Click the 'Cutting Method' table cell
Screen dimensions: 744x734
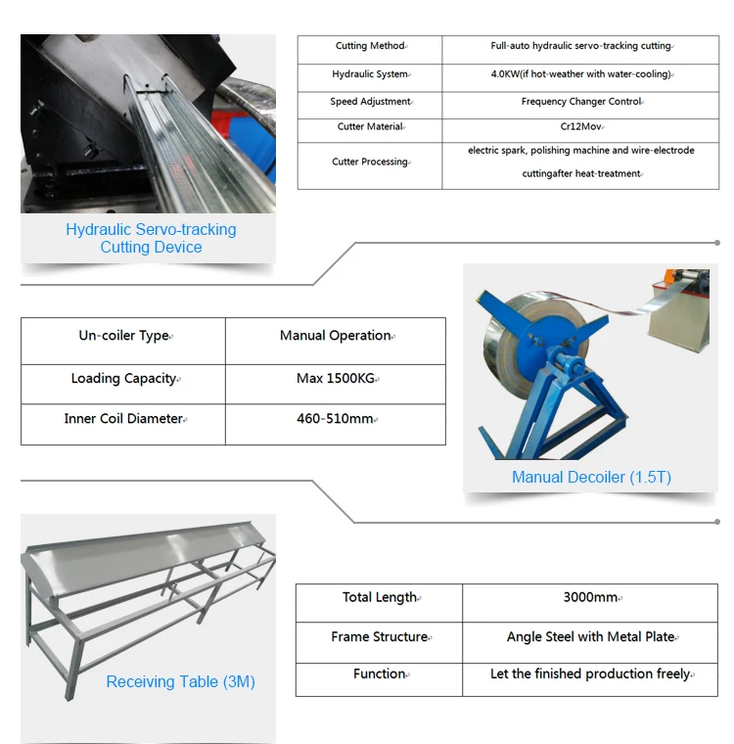370,46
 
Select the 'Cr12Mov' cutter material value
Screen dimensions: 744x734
580,127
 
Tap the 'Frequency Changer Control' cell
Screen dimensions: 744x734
580,102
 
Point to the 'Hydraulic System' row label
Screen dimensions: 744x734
370,74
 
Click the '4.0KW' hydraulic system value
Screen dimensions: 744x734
580,74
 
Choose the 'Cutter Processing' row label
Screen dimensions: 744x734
370,163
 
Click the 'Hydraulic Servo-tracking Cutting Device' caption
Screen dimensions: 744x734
151,238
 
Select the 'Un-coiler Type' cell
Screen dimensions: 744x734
123,336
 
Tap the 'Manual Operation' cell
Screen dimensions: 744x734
336,336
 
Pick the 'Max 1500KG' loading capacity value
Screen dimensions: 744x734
336,379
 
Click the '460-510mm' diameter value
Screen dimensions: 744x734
336,419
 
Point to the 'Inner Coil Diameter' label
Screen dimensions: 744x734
123,419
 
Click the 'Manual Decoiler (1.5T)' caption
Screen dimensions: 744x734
591,478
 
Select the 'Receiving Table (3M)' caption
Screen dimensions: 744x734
180,681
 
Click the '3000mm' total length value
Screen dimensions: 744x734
590,598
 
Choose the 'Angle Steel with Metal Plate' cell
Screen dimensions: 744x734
591,637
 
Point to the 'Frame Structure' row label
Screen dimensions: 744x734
379,637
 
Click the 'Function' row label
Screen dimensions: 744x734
379,674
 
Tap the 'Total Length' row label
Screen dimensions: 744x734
379,598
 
